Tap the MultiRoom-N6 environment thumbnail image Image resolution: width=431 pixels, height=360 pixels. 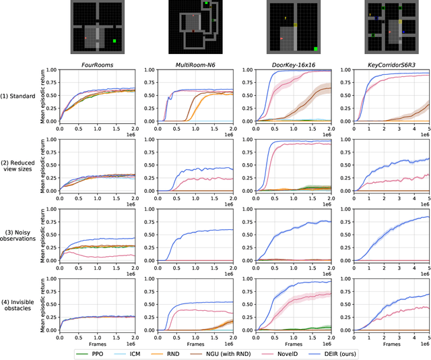coord(194,27)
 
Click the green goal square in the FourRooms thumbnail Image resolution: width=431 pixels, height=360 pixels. coord(114,41)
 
